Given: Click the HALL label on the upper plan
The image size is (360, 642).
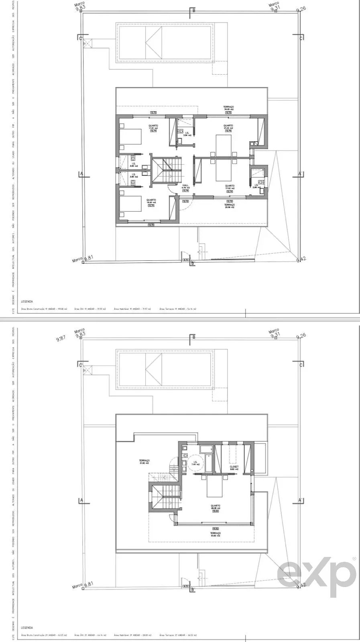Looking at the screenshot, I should [x=185, y=186].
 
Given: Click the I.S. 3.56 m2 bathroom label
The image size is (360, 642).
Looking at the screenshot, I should [x=185, y=134].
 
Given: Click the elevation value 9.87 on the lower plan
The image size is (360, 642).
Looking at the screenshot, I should [x=61, y=339].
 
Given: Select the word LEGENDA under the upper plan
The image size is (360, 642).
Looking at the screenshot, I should [x=27, y=301].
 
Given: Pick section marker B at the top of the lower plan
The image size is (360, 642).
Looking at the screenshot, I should [x=194, y=337].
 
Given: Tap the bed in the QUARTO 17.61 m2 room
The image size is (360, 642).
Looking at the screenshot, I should [x=131, y=137].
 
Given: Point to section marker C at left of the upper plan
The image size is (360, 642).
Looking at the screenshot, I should [x=81, y=38].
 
